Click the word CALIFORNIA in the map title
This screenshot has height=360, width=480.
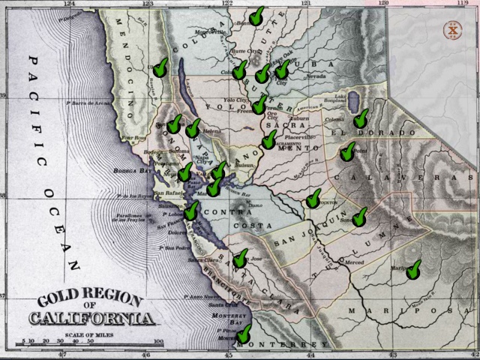click(x=92, y=319)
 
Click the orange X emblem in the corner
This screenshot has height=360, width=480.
click(x=453, y=31)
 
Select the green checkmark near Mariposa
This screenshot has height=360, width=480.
click(x=412, y=269)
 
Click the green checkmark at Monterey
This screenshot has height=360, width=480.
click(x=244, y=333)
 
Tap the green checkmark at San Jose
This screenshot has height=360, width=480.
click(x=240, y=259)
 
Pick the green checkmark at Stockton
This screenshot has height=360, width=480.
click(x=313, y=199)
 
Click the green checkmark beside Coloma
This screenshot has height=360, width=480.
click(x=361, y=118)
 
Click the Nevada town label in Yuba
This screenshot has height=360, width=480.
click(x=315, y=76)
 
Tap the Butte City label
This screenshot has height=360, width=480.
click(x=240, y=51)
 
